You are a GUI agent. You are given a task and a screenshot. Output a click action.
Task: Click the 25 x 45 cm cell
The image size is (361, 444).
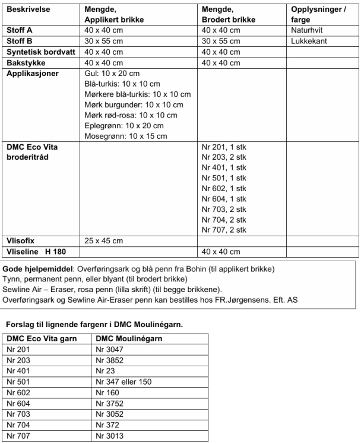[104, 240]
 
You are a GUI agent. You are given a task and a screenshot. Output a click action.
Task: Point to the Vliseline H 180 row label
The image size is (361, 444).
[36, 251]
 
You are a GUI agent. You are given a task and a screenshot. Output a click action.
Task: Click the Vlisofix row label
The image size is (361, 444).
[21, 240]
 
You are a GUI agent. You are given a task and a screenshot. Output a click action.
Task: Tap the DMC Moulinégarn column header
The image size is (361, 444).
[126, 338]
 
